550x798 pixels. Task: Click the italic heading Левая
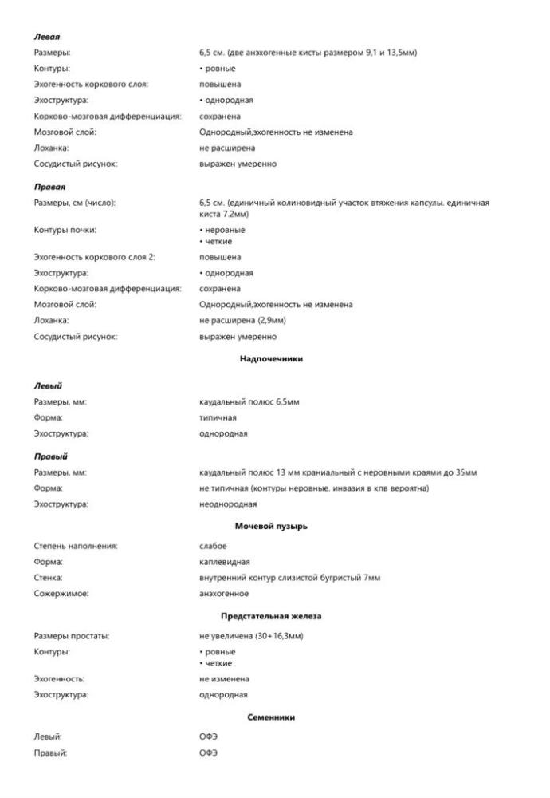point(47,37)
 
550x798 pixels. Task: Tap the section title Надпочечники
point(271,359)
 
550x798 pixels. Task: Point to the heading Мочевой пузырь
point(271,527)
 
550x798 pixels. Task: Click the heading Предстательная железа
point(271,617)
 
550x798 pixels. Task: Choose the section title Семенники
point(271,717)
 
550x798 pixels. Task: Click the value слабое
point(213,546)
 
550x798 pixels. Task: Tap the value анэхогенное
point(224,594)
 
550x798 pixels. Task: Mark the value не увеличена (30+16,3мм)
point(252,636)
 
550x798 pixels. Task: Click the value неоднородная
point(228,504)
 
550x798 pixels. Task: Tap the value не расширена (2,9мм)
point(242,321)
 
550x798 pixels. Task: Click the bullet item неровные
point(224,231)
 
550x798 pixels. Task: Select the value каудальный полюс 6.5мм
point(249,401)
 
